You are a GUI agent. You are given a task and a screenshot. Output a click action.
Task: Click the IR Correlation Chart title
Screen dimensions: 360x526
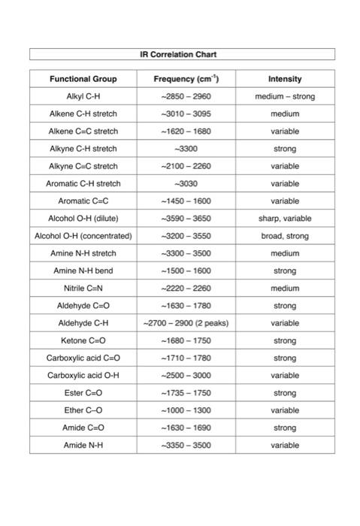181,54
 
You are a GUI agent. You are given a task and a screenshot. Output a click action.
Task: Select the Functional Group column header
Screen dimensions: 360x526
83,79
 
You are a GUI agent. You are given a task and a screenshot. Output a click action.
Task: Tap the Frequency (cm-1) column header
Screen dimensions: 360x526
186,79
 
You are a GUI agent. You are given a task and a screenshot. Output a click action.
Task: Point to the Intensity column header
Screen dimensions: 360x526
285,79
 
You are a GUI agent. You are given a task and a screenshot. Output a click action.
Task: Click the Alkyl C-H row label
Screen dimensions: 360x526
83,96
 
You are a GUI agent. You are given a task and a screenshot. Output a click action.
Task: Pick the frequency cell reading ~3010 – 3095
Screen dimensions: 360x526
186,113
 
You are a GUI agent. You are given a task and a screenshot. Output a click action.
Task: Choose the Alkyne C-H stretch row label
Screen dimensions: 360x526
83,149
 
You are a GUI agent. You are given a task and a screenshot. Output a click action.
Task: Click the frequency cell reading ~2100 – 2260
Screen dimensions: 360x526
186,166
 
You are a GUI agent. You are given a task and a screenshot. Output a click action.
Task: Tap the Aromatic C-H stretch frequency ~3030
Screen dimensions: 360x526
186,183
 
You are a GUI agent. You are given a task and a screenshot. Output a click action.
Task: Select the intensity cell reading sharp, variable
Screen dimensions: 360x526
285,219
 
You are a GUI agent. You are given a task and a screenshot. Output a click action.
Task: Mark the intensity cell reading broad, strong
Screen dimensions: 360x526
285,236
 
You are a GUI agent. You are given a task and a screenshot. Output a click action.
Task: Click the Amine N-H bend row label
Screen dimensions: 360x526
83,271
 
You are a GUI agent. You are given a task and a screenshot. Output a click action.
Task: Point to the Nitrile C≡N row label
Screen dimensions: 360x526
83,289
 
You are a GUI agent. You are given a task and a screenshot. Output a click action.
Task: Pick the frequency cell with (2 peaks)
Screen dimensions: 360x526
186,323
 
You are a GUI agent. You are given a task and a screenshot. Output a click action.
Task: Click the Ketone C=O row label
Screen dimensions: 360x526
83,340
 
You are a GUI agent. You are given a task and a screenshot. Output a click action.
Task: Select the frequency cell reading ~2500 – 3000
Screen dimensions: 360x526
186,375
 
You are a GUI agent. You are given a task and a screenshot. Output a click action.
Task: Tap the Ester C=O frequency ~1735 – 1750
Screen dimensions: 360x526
186,393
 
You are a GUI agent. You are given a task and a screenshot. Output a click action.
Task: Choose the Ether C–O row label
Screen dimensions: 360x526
83,410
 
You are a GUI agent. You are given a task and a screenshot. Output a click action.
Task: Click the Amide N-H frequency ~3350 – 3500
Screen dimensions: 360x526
186,446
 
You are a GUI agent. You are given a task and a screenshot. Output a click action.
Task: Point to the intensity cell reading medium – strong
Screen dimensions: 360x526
285,96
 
